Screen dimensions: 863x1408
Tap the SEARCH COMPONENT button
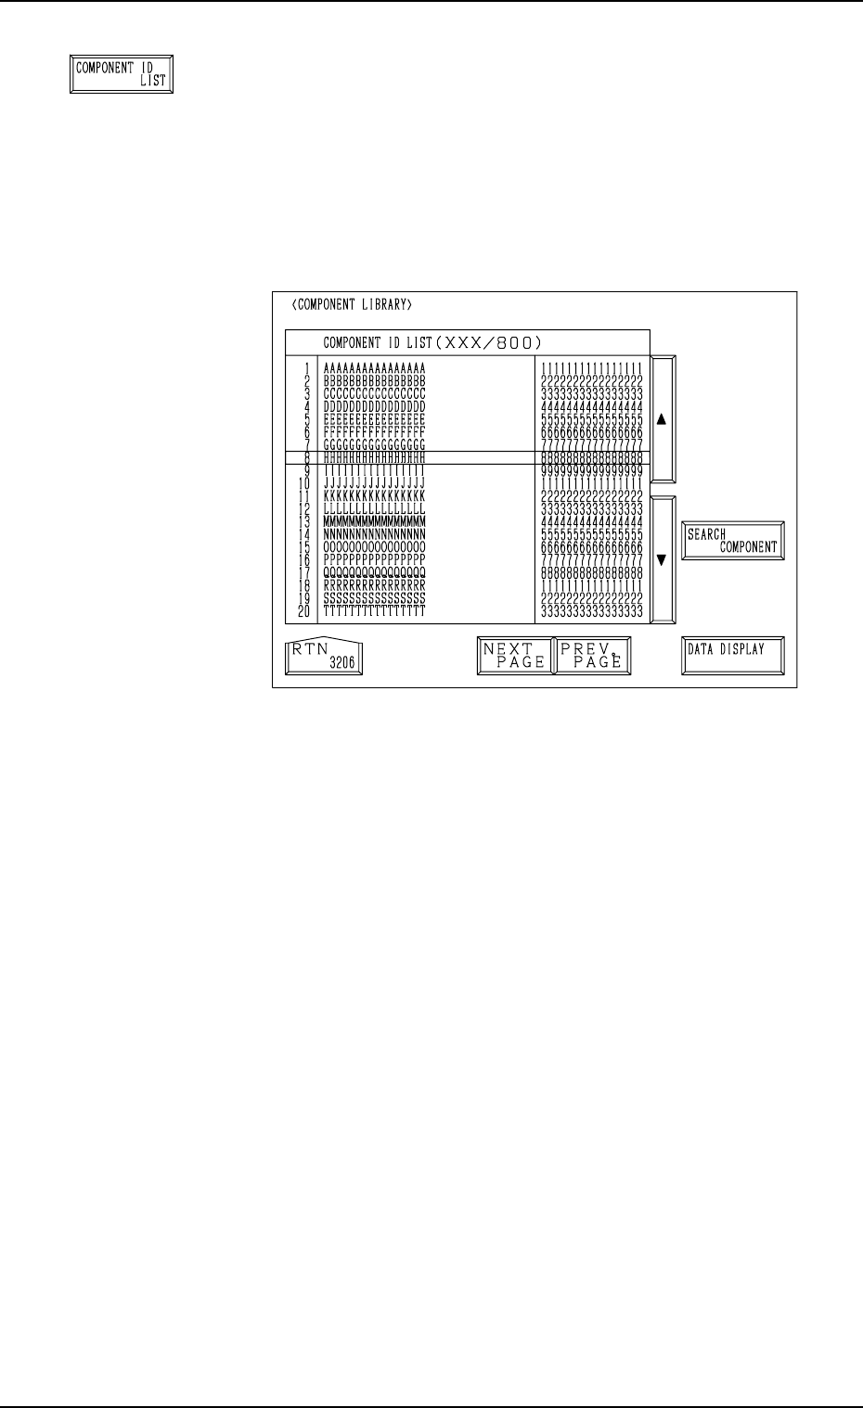click(731, 540)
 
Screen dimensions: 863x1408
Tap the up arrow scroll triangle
click(662, 418)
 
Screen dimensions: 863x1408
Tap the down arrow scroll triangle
click(662, 559)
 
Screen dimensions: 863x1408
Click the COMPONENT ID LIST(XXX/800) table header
click(431, 342)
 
